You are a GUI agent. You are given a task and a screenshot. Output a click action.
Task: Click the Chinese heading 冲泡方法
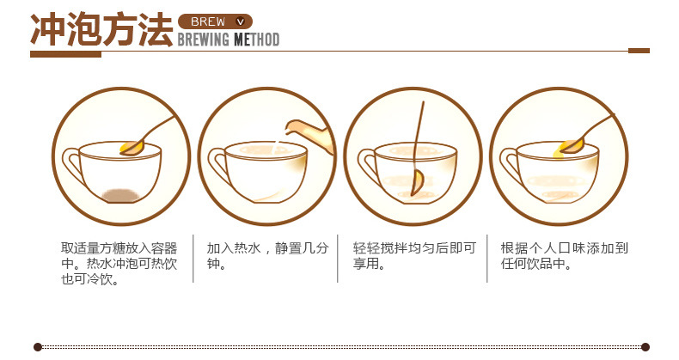tap(101, 31)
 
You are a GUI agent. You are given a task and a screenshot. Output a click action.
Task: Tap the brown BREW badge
tap(216, 21)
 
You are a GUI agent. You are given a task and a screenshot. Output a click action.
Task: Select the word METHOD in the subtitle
tap(256, 40)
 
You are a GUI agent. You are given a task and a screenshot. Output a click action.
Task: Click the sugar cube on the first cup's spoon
tap(132, 147)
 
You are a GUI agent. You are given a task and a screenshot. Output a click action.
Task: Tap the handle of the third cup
tap(366, 164)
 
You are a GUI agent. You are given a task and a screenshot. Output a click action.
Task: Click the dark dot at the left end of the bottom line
tap(38, 346)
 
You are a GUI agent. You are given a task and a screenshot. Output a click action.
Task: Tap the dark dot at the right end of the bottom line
tap(641, 346)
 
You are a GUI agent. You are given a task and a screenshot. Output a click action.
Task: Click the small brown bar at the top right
tap(639, 51)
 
